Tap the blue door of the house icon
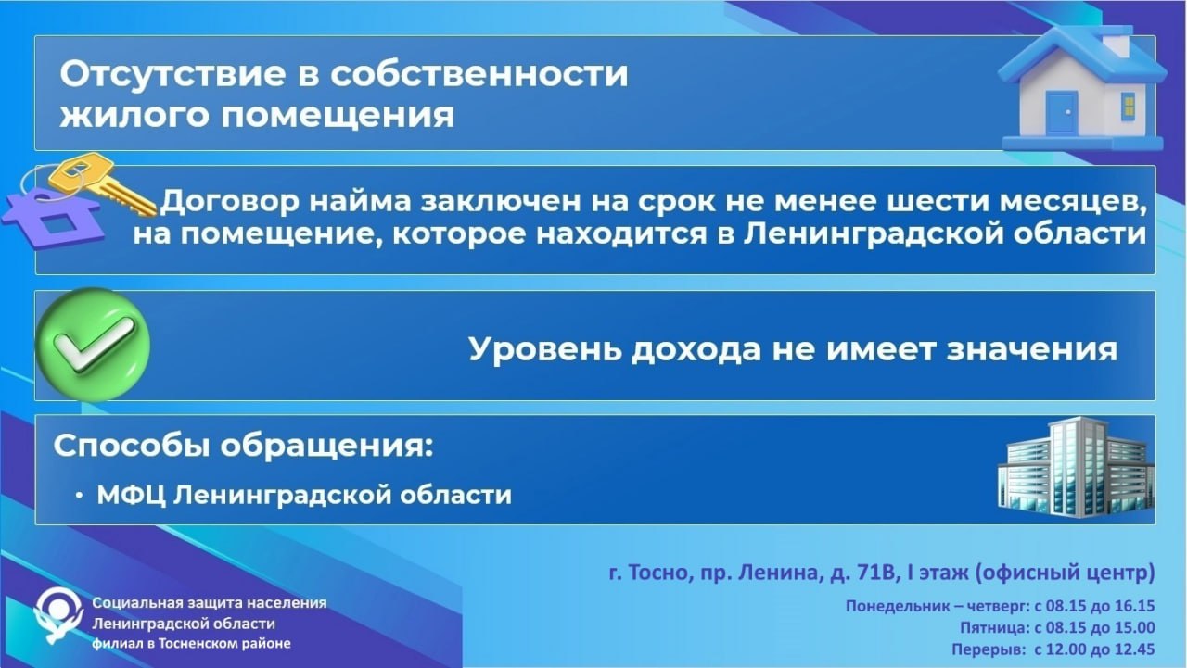pyautogui.click(x=1062, y=113)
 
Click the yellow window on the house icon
pyautogui.click(x=1129, y=105)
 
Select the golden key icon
pyautogui.click(x=103, y=183)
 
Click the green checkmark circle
pyautogui.click(x=93, y=345)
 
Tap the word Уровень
pyautogui.click(x=544, y=350)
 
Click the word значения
pyautogui.click(x=1032, y=350)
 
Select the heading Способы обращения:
pyautogui.click(x=243, y=447)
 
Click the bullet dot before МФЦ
pyautogui.click(x=79, y=496)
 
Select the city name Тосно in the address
pyautogui.click(x=659, y=573)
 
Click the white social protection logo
pyautogui.click(x=58, y=615)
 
